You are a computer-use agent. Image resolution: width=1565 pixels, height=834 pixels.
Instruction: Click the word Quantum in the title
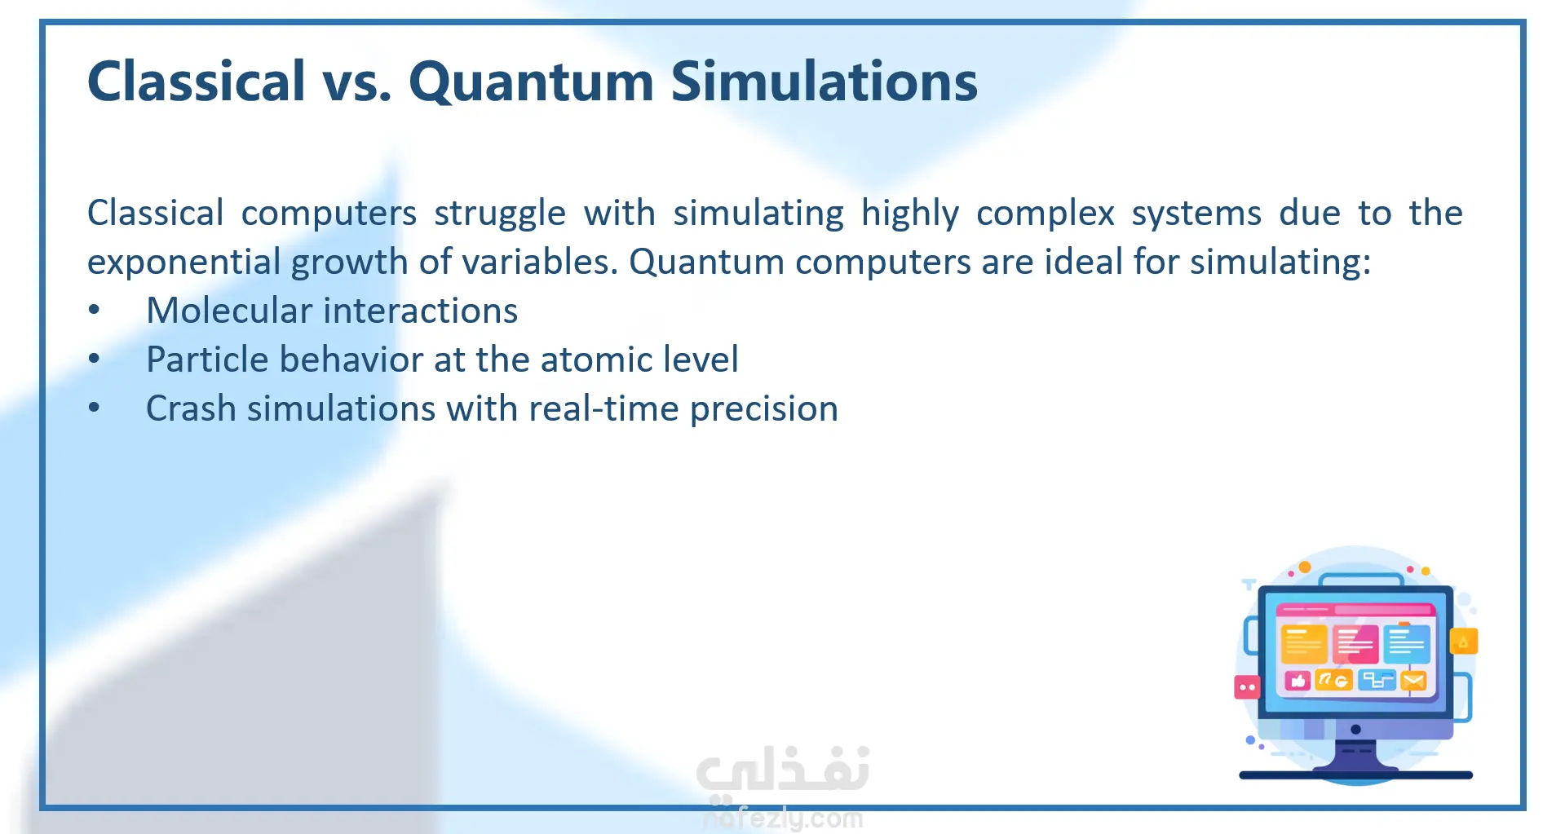[531, 82]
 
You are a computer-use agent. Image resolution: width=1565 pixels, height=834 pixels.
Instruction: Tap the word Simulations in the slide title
[824, 82]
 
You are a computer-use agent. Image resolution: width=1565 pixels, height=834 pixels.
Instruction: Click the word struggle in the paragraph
[499, 214]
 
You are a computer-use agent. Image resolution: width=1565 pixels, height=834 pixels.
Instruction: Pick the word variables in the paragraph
[539, 263]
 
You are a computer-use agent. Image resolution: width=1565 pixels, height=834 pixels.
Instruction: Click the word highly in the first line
[910, 214]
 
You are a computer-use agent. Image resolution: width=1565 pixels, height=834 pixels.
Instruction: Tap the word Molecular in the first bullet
[229, 311]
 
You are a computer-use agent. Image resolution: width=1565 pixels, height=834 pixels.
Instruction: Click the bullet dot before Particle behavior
[95, 359]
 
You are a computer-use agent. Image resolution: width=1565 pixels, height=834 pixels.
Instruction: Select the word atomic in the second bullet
[594, 360]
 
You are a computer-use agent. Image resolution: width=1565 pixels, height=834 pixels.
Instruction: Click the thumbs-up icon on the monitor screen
[1298, 680]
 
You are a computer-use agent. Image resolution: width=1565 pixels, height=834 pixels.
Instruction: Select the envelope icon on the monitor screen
[1413, 680]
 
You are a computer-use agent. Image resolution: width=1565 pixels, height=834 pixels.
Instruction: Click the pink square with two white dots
[1247, 687]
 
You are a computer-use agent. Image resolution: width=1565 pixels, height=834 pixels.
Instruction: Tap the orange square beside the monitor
[1464, 642]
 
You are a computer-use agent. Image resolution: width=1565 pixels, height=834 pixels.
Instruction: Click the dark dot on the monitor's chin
[1355, 729]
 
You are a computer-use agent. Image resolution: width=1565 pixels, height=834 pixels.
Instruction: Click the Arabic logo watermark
[783, 771]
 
